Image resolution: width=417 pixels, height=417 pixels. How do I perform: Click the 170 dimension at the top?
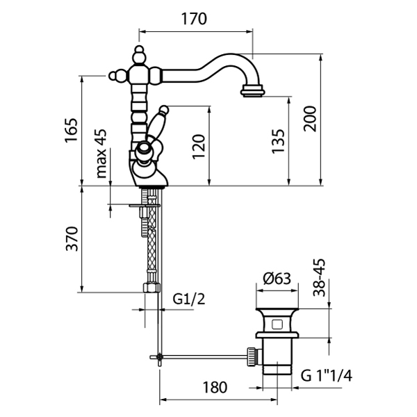coord(194,19)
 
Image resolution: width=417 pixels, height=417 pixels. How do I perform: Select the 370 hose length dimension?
coord(72,240)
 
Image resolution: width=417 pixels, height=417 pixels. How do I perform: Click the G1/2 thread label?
coord(187,300)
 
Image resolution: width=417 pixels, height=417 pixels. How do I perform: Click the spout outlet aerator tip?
coord(252,90)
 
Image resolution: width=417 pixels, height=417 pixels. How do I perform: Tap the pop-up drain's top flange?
coord(278,306)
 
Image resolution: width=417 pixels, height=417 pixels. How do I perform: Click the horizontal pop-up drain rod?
coord(202,357)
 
